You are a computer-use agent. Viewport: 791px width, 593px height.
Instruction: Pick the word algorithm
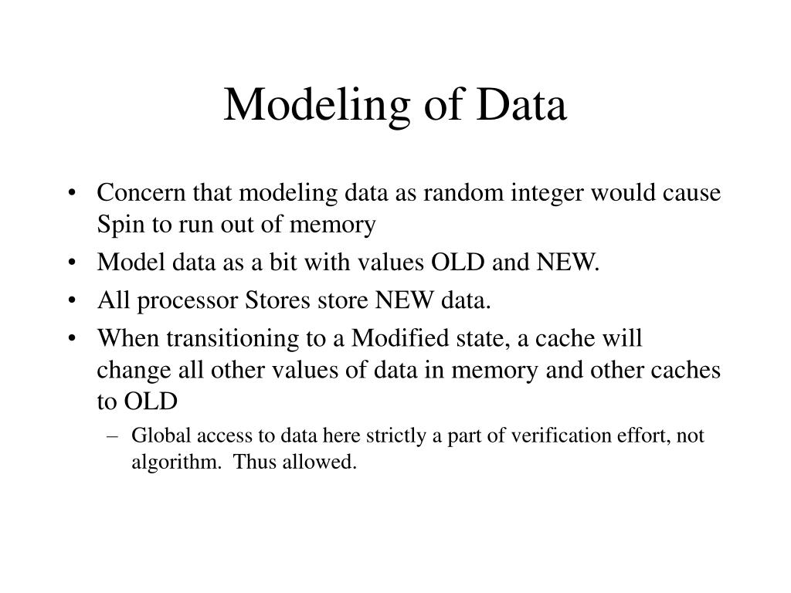point(165,463)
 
